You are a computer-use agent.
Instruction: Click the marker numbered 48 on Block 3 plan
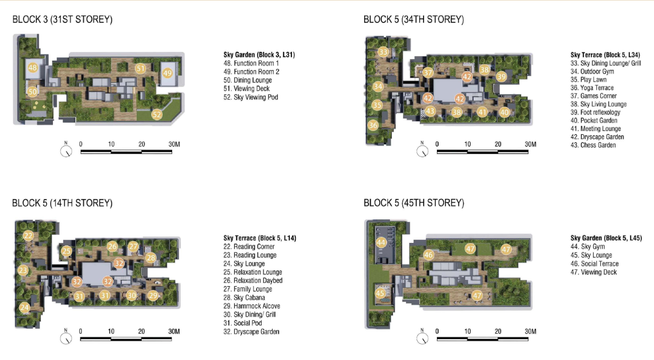tap(33, 68)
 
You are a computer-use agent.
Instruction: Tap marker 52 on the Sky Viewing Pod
tap(157, 114)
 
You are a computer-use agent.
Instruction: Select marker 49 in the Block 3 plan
tap(167, 73)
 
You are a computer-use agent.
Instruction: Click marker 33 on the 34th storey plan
tap(383, 52)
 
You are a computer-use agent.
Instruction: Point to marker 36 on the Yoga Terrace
tap(373, 125)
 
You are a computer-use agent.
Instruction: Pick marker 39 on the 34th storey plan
tap(501, 76)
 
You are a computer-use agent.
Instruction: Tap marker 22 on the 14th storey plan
tap(28, 235)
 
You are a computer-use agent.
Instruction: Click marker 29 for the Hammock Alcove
tap(153, 295)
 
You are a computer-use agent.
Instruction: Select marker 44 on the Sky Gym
tap(381, 242)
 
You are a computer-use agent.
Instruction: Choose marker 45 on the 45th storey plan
tap(380, 293)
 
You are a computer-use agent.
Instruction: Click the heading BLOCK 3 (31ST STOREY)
tap(62, 20)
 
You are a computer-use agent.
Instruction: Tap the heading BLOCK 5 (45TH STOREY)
tap(414, 203)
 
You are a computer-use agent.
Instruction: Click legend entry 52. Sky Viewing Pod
tap(251, 97)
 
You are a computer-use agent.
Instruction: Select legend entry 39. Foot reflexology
tap(595, 112)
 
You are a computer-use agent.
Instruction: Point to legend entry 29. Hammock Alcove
tap(252, 306)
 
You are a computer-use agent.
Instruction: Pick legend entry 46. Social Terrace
tap(595, 264)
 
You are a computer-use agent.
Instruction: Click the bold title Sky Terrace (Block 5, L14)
tap(260, 238)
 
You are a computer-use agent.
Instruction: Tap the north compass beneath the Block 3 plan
tap(66, 151)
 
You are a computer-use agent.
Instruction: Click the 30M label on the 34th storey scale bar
tap(530, 144)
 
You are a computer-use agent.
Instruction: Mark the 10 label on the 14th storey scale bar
tap(111, 332)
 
